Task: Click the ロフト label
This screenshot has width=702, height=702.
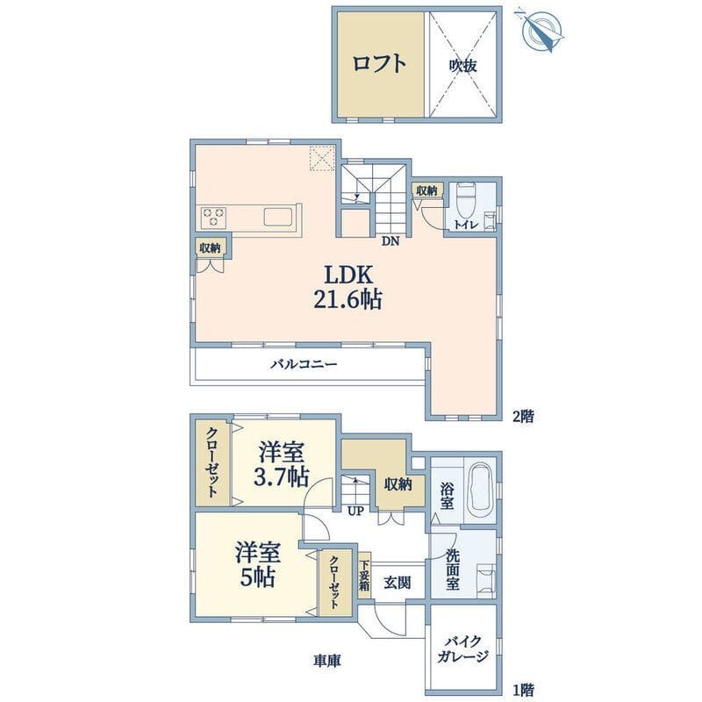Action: click(380, 64)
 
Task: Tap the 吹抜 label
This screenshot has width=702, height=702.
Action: click(464, 65)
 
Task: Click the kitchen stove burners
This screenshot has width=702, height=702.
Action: click(216, 216)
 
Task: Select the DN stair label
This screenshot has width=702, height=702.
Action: click(390, 240)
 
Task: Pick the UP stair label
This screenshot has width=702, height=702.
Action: click(355, 510)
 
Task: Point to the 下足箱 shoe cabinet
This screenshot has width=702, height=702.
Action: click(364, 580)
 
